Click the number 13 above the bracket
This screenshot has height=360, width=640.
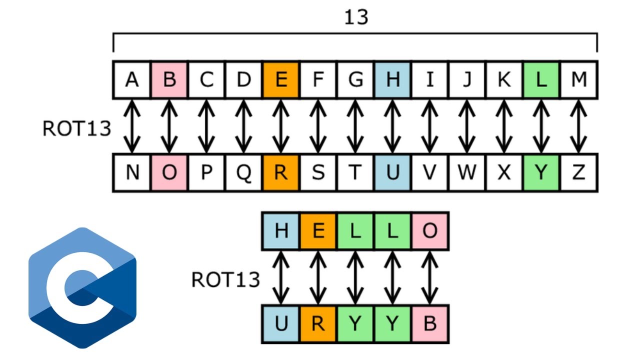tap(356, 17)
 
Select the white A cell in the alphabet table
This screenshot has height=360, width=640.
tap(132, 80)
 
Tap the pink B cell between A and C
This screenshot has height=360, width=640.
tap(169, 80)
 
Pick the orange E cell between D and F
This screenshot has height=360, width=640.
tap(281, 80)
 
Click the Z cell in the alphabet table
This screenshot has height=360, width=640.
tap(578, 172)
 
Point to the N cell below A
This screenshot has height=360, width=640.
tap(132, 172)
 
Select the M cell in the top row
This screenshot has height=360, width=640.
tap(578, 80)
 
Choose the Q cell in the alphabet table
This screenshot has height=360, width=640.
tap(243, 172)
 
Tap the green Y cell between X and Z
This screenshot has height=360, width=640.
tap(541, 172)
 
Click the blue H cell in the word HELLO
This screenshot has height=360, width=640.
tap(281, 231)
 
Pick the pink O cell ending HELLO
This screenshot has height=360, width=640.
tap(430, 231)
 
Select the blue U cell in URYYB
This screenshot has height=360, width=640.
tap(281, 324)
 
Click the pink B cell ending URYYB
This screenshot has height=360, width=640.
tap(430, 324)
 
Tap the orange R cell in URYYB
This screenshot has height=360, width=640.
tap(318, 324)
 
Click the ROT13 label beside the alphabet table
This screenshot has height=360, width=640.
tap(76, 128)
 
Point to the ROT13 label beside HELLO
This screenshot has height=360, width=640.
tap(225, 279)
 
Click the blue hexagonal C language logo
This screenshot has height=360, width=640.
tap(82, 287)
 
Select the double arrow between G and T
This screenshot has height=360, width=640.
tap(355, 126)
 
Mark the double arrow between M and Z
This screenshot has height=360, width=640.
tap(578, 126)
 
